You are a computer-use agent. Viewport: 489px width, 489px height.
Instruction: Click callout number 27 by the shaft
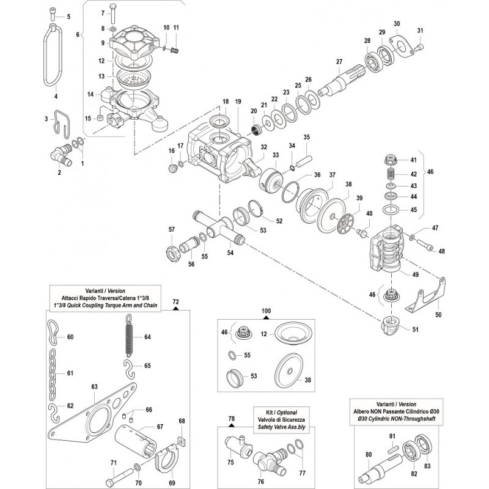point(339,61)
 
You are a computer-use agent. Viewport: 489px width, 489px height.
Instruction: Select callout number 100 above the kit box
point(266,311)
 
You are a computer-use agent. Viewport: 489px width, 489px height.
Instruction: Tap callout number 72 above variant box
point(175,302)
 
